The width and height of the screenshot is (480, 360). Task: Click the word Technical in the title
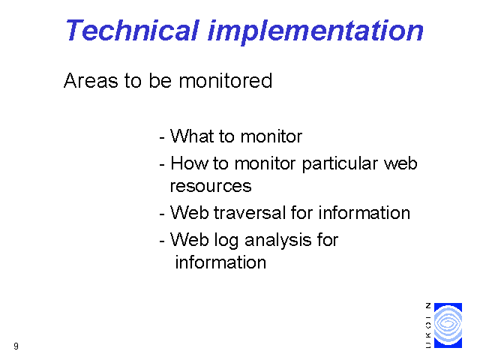point(133,30)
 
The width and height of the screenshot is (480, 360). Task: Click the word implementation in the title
point(316,32)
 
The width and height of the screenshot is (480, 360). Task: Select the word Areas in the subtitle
point(91,81)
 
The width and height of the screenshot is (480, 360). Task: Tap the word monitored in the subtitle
point(225,81)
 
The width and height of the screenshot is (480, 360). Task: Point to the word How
point(190,163)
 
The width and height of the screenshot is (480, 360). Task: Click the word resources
point(211,187)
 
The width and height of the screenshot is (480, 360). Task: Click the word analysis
point(278,241)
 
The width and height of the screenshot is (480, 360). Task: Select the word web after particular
point(400,163)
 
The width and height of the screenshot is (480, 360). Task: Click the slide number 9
point(16,346)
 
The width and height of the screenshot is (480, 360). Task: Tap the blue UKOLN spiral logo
point(448,325)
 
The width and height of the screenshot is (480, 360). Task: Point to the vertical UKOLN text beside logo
point(428,325)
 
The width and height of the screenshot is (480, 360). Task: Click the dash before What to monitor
point(162,138)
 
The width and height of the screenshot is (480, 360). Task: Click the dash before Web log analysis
point(162,241)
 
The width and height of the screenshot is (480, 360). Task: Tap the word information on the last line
point(220,262)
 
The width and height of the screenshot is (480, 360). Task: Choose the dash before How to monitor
point(162,165)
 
